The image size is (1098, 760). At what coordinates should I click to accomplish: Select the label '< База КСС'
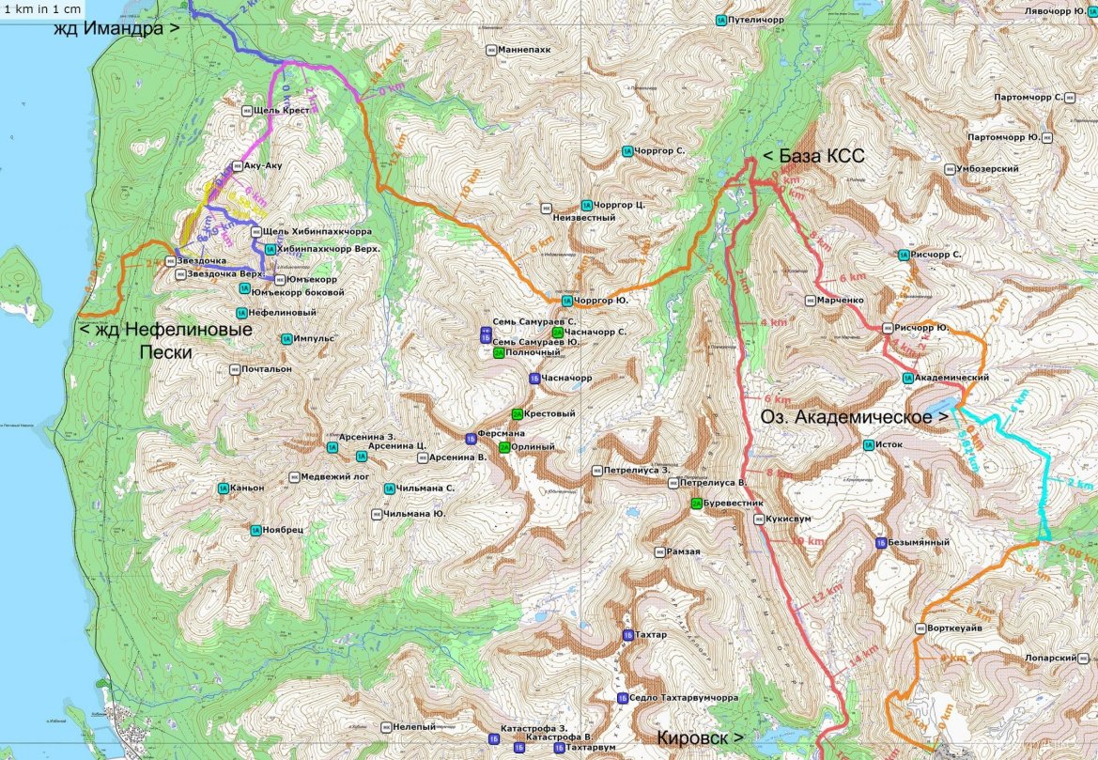coord(813,156)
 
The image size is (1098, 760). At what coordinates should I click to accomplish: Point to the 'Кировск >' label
coord(701,737)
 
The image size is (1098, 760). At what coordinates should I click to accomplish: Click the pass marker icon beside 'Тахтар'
coord(626,636)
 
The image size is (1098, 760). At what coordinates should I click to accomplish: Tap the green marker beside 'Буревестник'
coord(696,504)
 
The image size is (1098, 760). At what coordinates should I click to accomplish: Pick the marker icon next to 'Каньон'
coord(223,488)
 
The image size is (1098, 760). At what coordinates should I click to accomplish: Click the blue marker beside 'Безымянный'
coord(881,542)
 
